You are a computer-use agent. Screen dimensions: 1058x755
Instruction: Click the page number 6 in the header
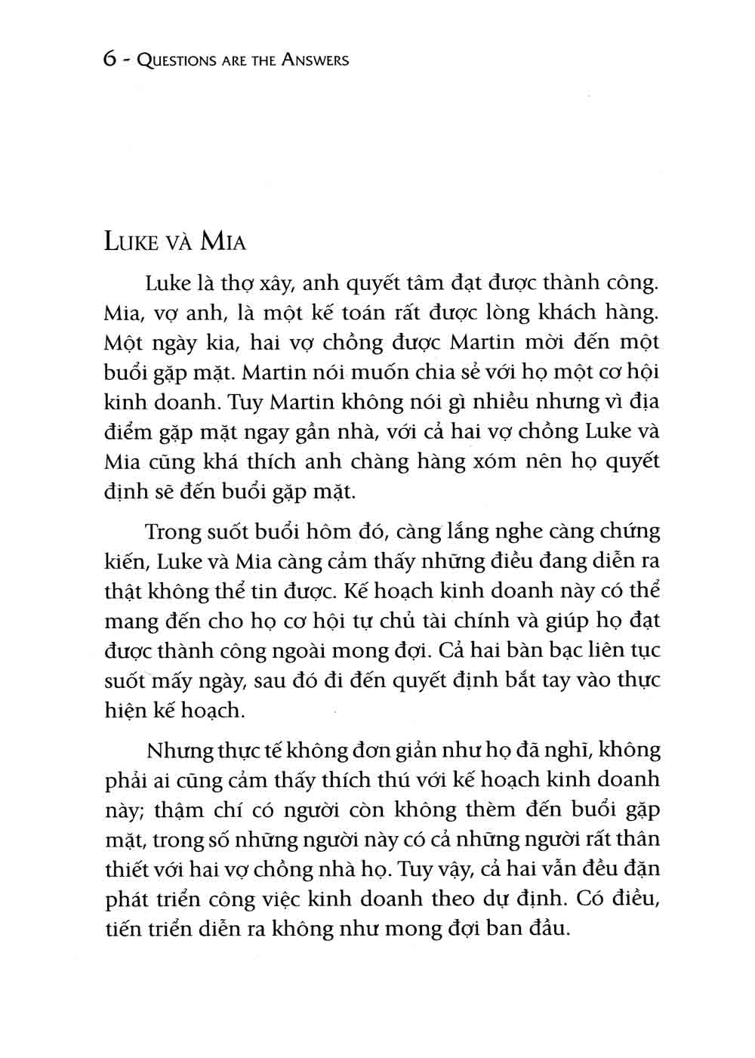click(x=109, y=60)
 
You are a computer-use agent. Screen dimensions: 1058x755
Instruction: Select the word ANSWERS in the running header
click(x=315, y=60)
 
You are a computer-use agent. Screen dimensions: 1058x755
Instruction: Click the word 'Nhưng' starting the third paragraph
click(x=174, y=751)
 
